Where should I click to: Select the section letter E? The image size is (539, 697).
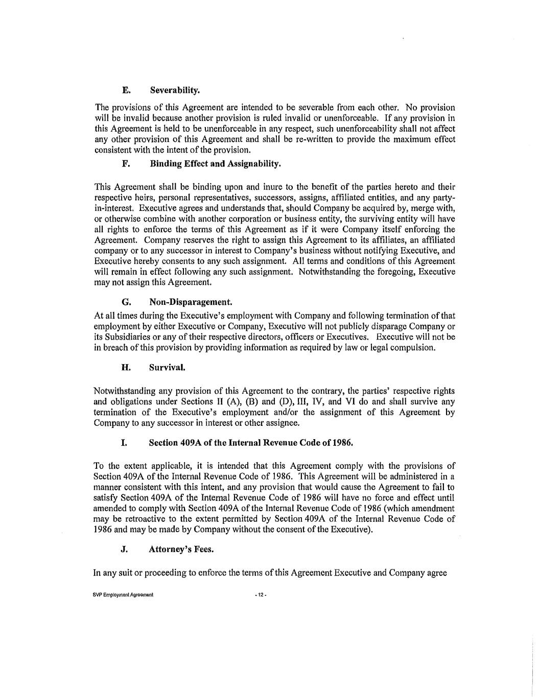(125, 91)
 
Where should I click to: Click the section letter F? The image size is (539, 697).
(125, 164)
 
